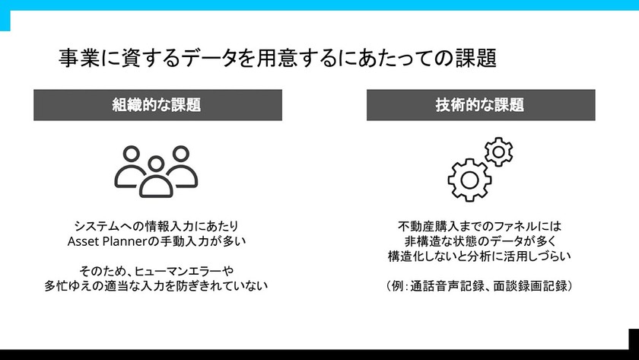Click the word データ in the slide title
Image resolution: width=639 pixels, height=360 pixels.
[209, 58]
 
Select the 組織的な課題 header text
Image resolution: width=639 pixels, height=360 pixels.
[157, 105]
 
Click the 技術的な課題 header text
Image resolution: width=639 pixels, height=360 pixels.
[480, 105]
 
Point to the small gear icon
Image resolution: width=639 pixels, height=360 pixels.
[498, 151]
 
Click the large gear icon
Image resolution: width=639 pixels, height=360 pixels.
[469, 180]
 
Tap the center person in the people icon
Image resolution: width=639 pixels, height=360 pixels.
[156, 177]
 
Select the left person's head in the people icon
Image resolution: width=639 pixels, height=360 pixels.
[131, 154]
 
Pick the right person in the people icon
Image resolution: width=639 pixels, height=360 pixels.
[182, 167]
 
